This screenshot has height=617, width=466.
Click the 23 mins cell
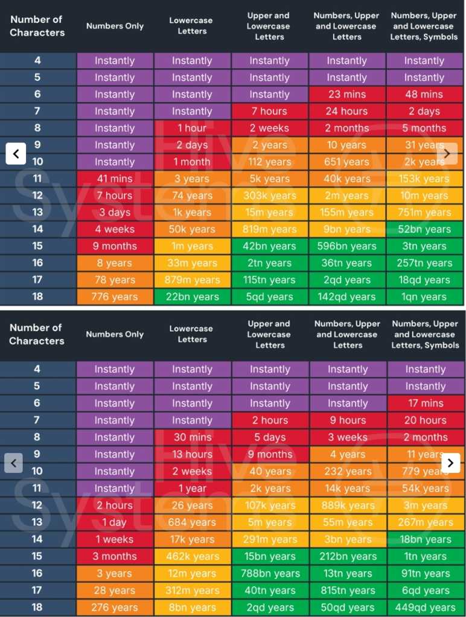(x=346, y=95)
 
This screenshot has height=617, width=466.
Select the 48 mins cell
(x=424, y=95)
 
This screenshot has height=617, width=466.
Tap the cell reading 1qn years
(x=424, y=297)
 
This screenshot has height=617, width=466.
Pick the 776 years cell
(x=115, y=297)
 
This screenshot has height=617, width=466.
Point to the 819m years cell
(x=269, y=229)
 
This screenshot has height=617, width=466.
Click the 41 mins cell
(x=115, y=179)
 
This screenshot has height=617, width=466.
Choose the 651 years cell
(x=346, y=162)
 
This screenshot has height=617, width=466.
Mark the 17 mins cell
(x=426, y=403)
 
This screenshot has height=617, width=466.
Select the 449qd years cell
(x=426, y=607)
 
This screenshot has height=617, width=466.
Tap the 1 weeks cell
(x=115, y=539)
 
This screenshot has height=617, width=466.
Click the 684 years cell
(x=192, y=522)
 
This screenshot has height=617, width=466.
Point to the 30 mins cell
(x=192, y=437)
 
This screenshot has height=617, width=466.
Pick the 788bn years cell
(x=270, y=574)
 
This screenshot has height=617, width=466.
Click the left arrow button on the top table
(x=16, y=154)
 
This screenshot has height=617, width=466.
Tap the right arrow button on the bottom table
(x=451, y=463)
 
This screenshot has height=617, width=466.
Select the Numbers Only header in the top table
(x=115, y=26)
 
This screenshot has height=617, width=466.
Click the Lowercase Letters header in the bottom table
(x=192, y=334)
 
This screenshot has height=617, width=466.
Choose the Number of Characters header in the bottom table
(x=37, y=334)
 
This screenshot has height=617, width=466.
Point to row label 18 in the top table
(x=37, y=297)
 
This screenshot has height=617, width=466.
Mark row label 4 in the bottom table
(x=37, y=369)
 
